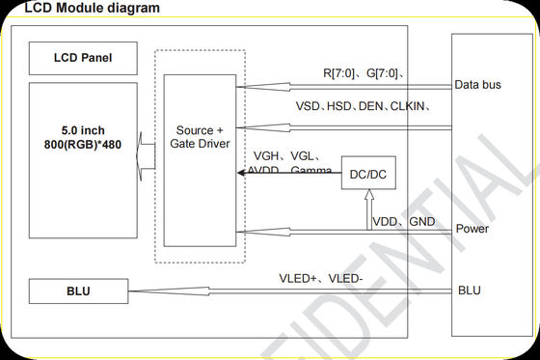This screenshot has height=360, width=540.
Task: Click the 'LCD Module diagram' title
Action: point(71,9)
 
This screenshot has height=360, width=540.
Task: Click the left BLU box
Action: point(77,291)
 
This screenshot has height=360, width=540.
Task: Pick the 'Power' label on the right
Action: point(472,229)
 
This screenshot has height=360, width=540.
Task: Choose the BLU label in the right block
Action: point(469,290)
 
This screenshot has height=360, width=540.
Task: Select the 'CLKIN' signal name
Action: point(406,106)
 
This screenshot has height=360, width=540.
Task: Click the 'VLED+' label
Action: point(298,280)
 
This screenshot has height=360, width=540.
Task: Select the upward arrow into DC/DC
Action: point(369,208)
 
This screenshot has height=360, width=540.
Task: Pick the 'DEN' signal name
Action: point(369,106)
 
